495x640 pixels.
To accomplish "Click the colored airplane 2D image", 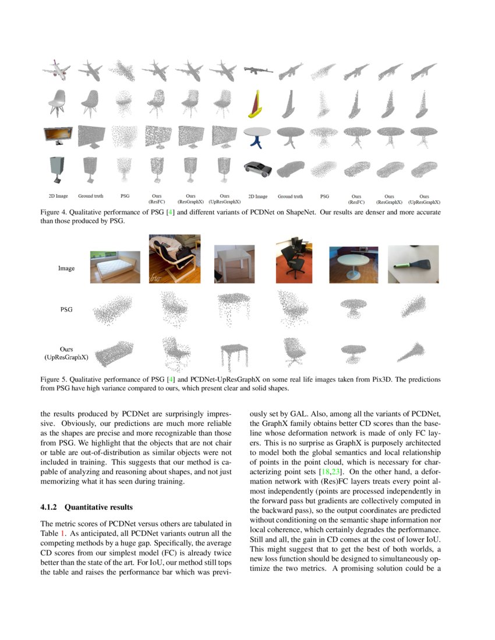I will (x=56, y=71).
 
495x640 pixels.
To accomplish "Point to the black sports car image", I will (x=257, y=170).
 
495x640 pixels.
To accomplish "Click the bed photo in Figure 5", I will (x=115, y=266).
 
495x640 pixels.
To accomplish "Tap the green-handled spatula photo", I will (x=413, y=264).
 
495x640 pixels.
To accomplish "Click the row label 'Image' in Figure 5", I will (x=66, y=269).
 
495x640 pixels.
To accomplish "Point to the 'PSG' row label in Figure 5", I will (x=66, y=310).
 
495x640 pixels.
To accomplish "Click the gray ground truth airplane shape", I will (x=90, y=70).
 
